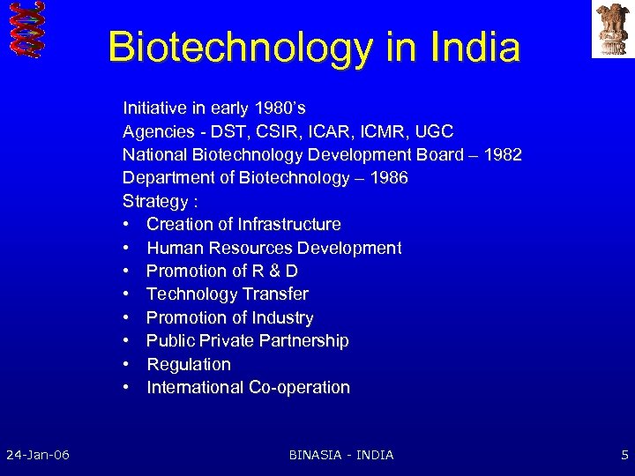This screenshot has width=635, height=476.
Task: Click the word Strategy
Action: pyautogui.click(x=153, y=201)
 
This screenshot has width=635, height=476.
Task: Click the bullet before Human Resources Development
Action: pyautogui.click(x=128, y=248)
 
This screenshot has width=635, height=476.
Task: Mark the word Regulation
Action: pyautogui.click(x=189, y=364)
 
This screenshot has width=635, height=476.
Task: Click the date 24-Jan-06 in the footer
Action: pyautogui.click(x=38, y=455)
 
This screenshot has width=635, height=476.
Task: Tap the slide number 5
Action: pyautogui.click(x=624, y=455)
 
